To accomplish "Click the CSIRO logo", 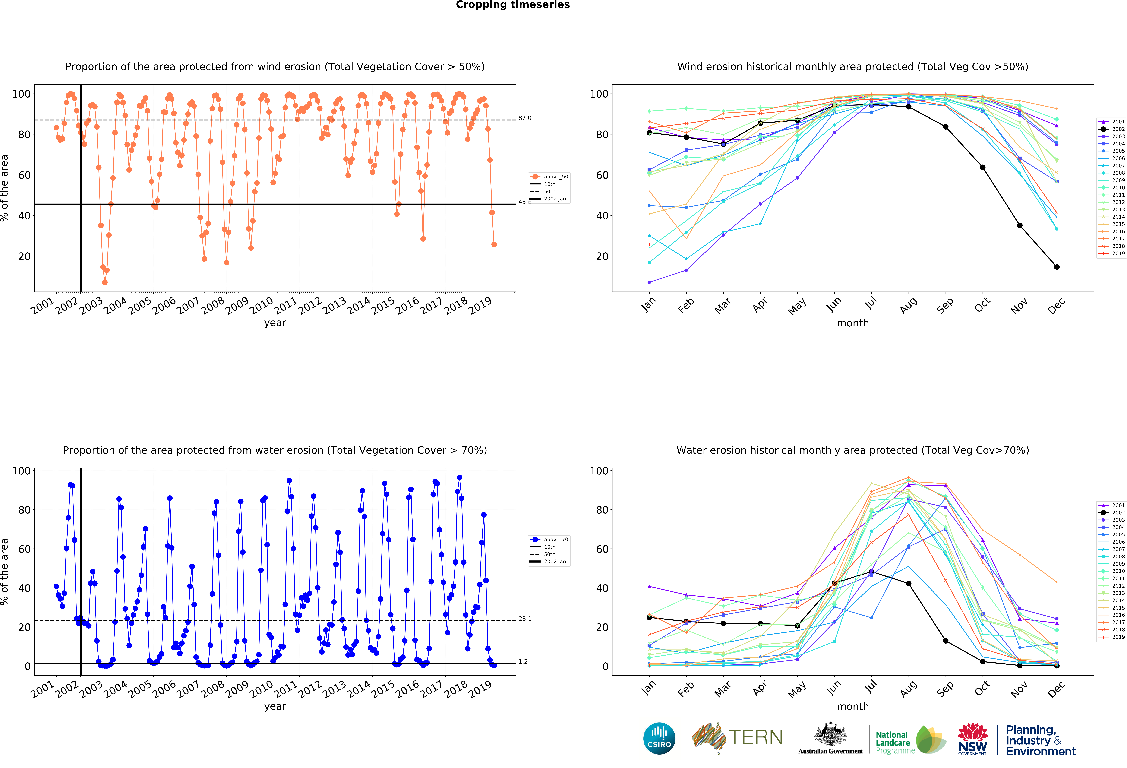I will click(659, 738).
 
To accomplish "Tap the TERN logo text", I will click(756, 737).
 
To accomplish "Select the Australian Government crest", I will click(831, 735).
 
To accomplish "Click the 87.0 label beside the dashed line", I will click(525, 118).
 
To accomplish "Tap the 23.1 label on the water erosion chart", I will click(525, 619).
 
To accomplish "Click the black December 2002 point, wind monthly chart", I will click(1057, 267).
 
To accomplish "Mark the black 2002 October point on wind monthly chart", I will click(982, 167).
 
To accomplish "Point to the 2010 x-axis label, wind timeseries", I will click(262, 305).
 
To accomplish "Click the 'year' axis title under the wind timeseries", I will click(275, 323).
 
